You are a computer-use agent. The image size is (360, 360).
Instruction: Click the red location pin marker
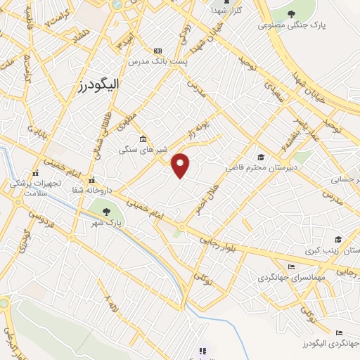pyautogui.click(x=181, y=165)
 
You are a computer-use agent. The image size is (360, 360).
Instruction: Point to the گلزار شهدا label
pyautogui.click(x=226, y=11)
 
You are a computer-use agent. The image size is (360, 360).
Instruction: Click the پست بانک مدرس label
pyautogui.click(x=155, y=62)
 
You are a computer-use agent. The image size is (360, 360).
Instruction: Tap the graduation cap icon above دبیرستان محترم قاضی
pyautogui.click(x=261, y=157)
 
